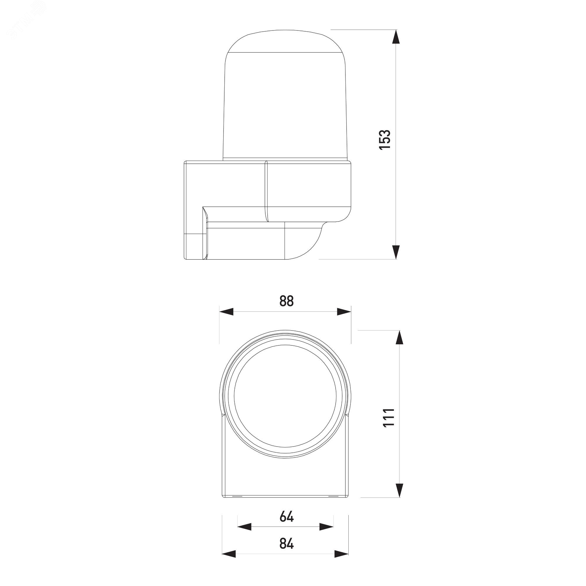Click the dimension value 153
point(385,139)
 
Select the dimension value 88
point(287,301)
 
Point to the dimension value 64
point(287,517)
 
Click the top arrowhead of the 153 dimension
point(396,37)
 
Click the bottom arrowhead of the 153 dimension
point(396,252)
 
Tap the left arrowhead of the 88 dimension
point(226,311)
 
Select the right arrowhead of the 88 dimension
point(344,311)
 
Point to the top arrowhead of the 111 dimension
point(399,337)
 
